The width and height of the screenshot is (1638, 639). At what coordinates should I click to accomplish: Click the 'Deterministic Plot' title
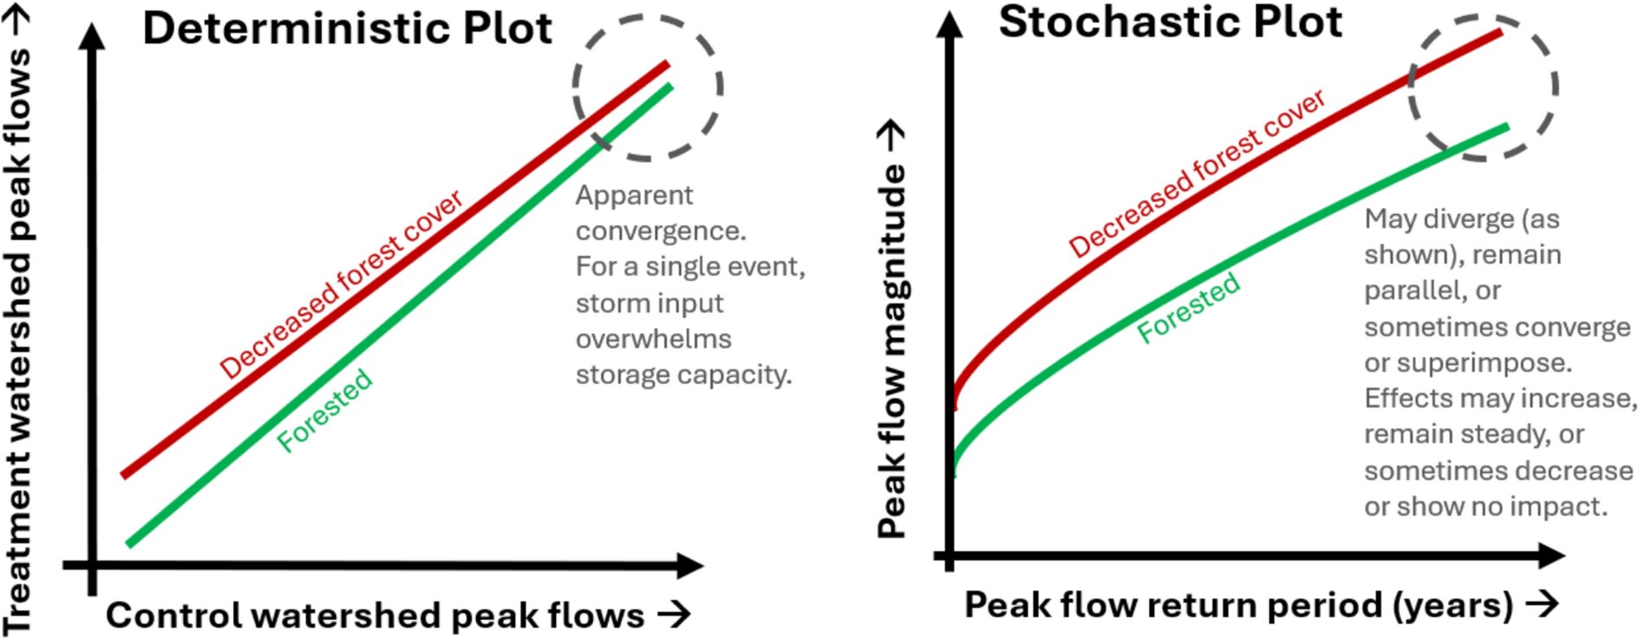coord(347,29)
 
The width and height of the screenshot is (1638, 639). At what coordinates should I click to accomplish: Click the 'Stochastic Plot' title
coord(1170,23)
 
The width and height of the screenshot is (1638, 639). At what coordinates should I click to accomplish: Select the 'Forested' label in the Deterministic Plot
coord(325,410)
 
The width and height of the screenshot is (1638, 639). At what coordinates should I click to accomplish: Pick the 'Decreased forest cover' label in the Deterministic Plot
coord(342,284)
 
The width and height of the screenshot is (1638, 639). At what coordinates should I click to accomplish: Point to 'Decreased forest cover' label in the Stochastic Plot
coord(1197,173)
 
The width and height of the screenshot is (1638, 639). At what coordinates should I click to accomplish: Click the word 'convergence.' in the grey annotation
coord(661,231)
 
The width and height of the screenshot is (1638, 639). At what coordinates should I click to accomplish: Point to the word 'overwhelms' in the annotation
coord(654,339)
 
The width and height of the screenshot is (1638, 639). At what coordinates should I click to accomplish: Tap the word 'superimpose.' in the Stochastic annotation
coord(1468,362)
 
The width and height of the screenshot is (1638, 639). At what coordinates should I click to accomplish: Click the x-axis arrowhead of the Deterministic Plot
coord(690,566)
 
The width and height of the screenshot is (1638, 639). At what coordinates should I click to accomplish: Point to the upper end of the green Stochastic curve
coord(1505,127)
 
